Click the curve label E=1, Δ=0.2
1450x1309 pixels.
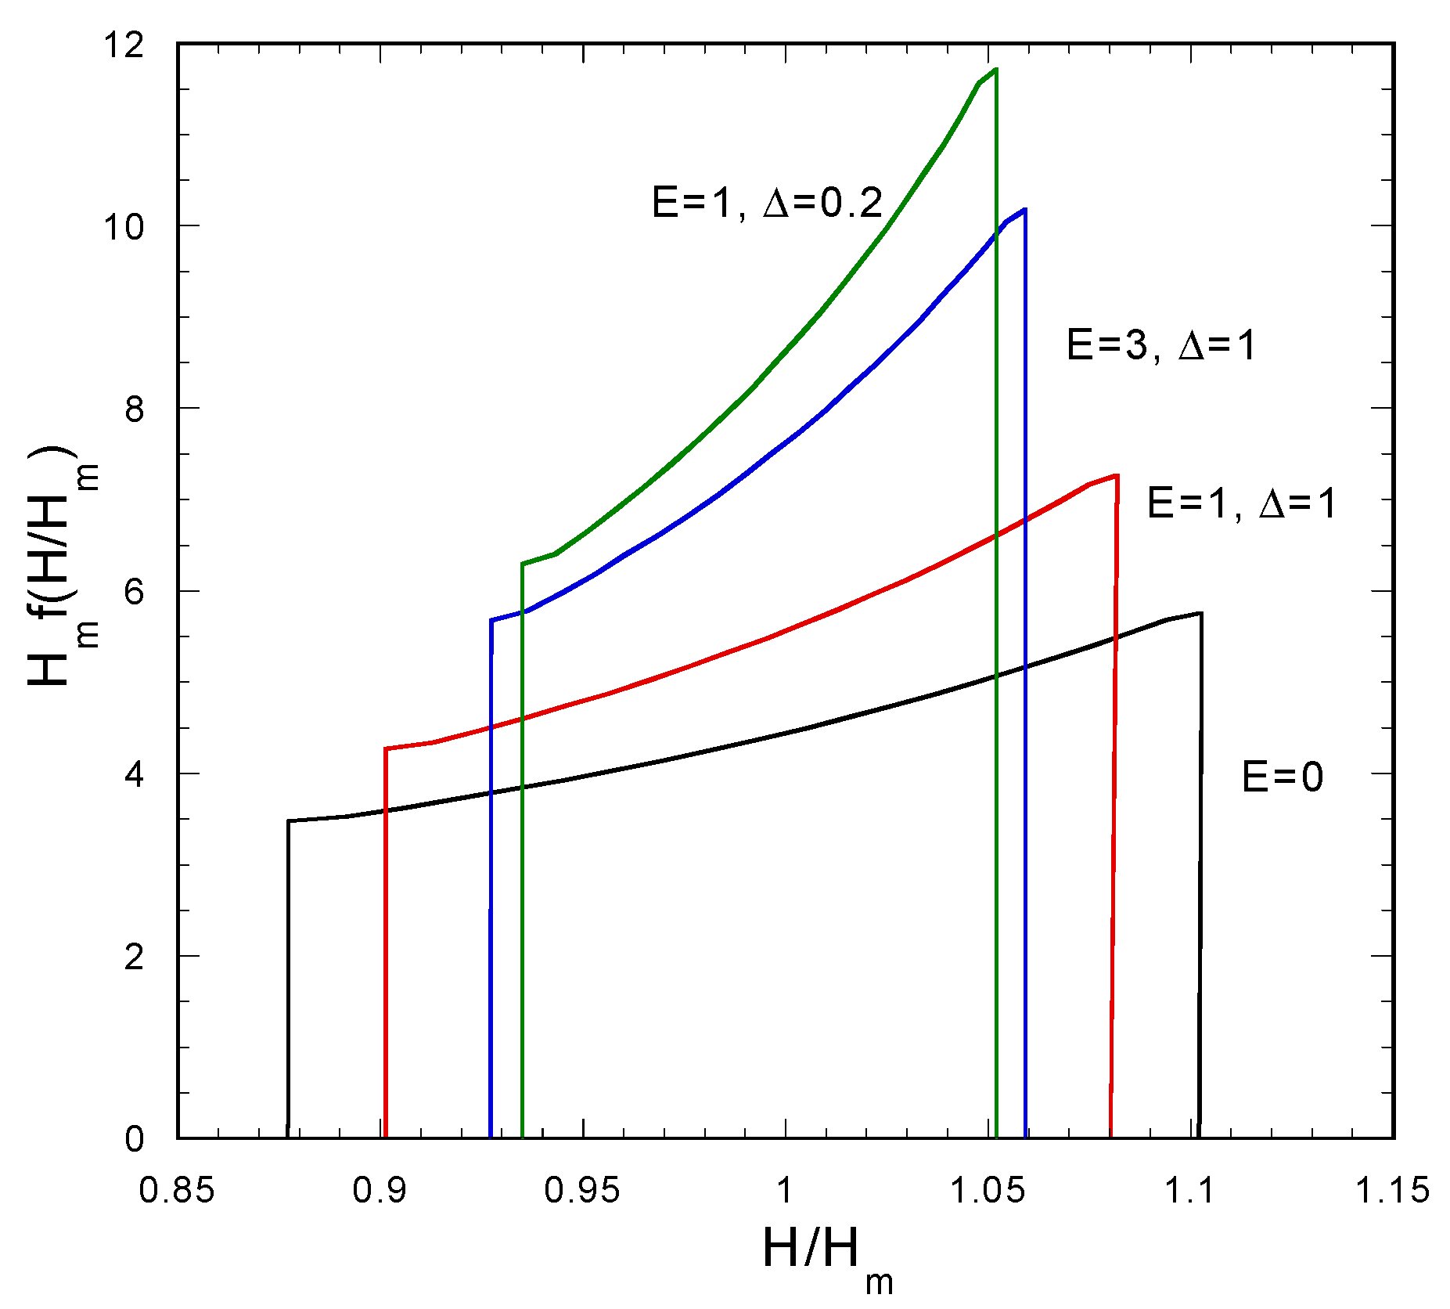click(767, 204)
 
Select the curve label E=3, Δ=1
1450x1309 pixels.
click(1160, 344)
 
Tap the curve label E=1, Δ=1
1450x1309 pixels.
click(1241, 503)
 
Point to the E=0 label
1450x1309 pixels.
click(1282, 777)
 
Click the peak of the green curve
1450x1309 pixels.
click(995, 70)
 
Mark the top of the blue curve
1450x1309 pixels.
click(1024, 210)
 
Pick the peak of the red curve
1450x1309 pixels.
click(1116, 475)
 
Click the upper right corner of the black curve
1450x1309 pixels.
click(1200, 613)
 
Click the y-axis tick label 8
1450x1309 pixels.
click(134, 409)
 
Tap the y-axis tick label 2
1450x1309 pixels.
click(134, 956)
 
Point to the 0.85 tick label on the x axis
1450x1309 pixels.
click(176, 1190)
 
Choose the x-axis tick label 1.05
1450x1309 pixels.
click(987, 1190)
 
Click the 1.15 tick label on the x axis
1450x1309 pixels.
click(1391, 1190)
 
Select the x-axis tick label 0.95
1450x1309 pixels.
click(581, 1190)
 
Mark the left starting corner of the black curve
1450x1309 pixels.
click(289, 821)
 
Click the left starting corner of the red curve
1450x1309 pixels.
click(386, 748)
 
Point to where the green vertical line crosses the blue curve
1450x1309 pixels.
click(995, 232)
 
